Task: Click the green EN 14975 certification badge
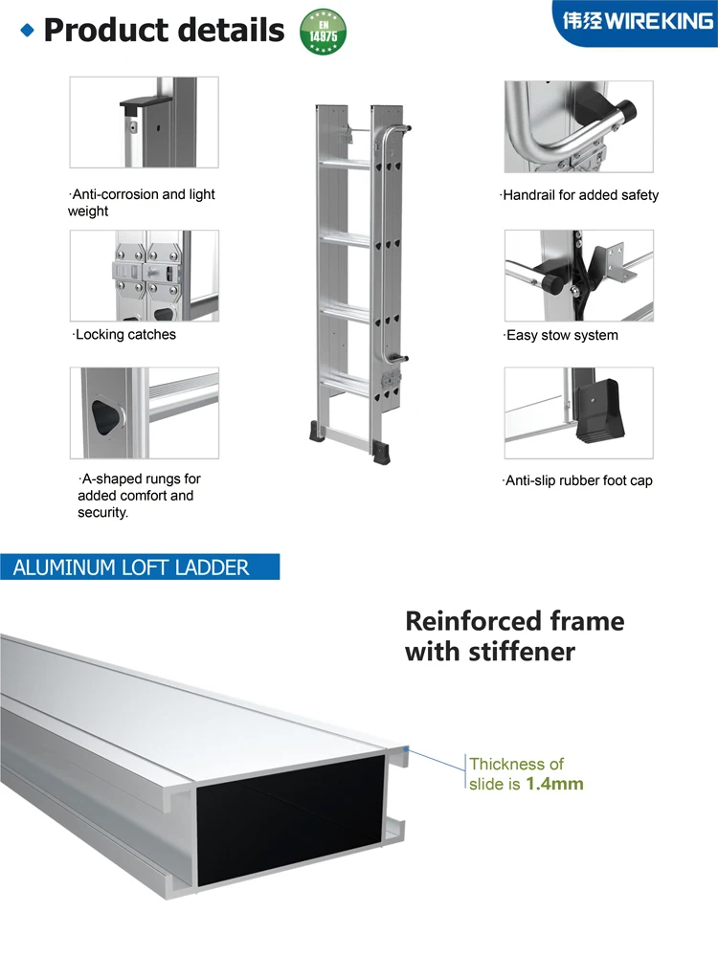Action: click(x=324, y=31)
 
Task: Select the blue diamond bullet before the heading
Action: click(x=27, y=31)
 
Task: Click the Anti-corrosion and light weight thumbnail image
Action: click(x=144, y=122)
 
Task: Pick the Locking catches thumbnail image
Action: click(x=144, y=276)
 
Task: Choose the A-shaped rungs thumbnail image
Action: click(x=144, y=412)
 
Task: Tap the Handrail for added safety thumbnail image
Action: click(x=578, y=126)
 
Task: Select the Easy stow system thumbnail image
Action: click(x=578, y=276)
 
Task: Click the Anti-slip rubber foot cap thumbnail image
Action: click(x=578, y=412)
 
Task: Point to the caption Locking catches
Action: click(x=125, y=335)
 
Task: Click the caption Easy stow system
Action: click(x=561, y=336)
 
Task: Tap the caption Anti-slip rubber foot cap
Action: click(x=578, y=480)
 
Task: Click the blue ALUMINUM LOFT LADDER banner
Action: click(x=140, y=567)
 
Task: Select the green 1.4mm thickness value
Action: click(x=554, y=784)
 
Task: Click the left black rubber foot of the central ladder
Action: click(x=317, y=432)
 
